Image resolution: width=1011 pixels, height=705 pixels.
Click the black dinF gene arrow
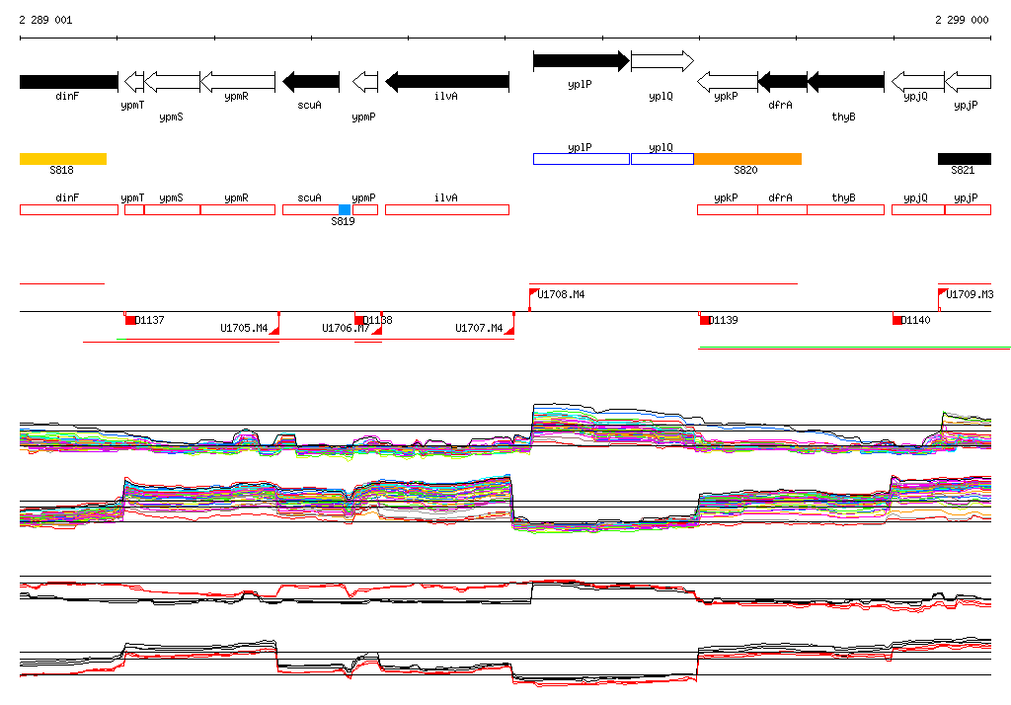tap(68, 81)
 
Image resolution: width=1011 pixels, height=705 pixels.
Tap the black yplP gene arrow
tap(581, 61)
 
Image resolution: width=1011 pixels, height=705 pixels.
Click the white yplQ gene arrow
tap(661, 61)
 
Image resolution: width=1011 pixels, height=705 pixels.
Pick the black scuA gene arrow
tap(311, 81)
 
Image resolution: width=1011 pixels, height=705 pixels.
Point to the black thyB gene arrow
tap(845, 81)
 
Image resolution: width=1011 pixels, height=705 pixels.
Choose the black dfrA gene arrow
tap(782, 81)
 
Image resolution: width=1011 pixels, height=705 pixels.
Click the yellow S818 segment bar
tap(62, 158)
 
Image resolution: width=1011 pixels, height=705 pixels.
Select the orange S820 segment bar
tap(747, 158)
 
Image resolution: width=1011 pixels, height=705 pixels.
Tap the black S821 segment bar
tap(964, 158)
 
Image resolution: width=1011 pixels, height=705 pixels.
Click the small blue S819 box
tap(345, 209)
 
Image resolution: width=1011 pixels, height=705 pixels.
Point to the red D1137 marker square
tap(130, 320)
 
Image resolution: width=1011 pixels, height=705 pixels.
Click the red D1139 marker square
tap(705, 320)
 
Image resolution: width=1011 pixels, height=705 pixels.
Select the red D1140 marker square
tap(897, 320)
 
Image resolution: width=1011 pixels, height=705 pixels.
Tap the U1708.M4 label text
tap(562, 294)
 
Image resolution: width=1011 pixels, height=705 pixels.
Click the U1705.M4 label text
tap(244, 328)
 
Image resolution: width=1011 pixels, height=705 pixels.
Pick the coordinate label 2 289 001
tap(45, 20)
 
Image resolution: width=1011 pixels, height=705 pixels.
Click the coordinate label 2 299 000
tap(961, 20)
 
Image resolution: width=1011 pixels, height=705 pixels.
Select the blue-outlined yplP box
tap(581, 158)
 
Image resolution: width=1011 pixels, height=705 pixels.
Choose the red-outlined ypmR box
tap(237, 209)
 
